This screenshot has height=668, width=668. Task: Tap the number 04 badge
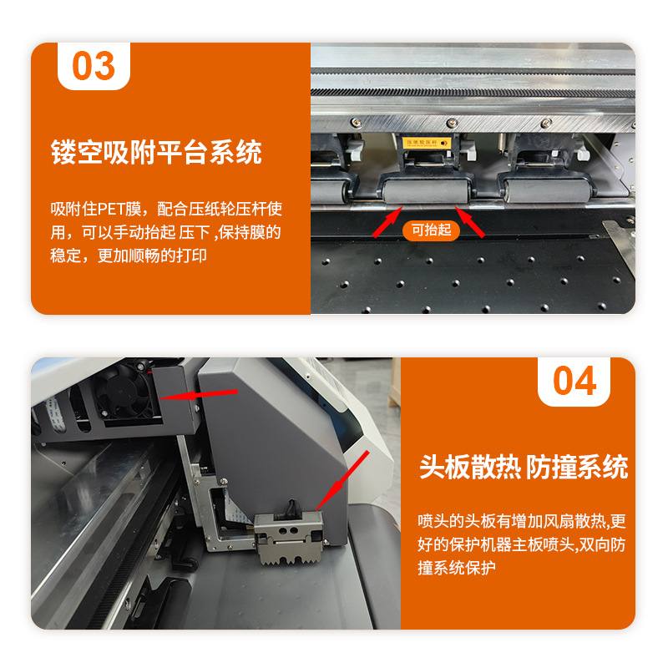(x=574, y=381)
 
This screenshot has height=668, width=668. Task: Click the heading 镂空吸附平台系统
(x=155, y=153)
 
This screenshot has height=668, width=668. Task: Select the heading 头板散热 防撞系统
(x=523, y=467)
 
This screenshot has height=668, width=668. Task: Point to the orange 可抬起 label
(x=432, y=229)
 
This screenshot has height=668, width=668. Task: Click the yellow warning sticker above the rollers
(x=427, y=143)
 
